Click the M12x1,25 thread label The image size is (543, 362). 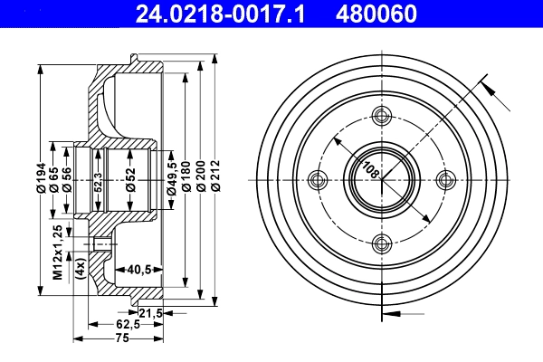coord(57,251)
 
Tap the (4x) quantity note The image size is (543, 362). coord(80,269)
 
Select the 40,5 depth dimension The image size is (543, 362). coord(137,268)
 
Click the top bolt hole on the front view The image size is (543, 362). coord(381,114)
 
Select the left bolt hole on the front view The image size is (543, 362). coord(317,178)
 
